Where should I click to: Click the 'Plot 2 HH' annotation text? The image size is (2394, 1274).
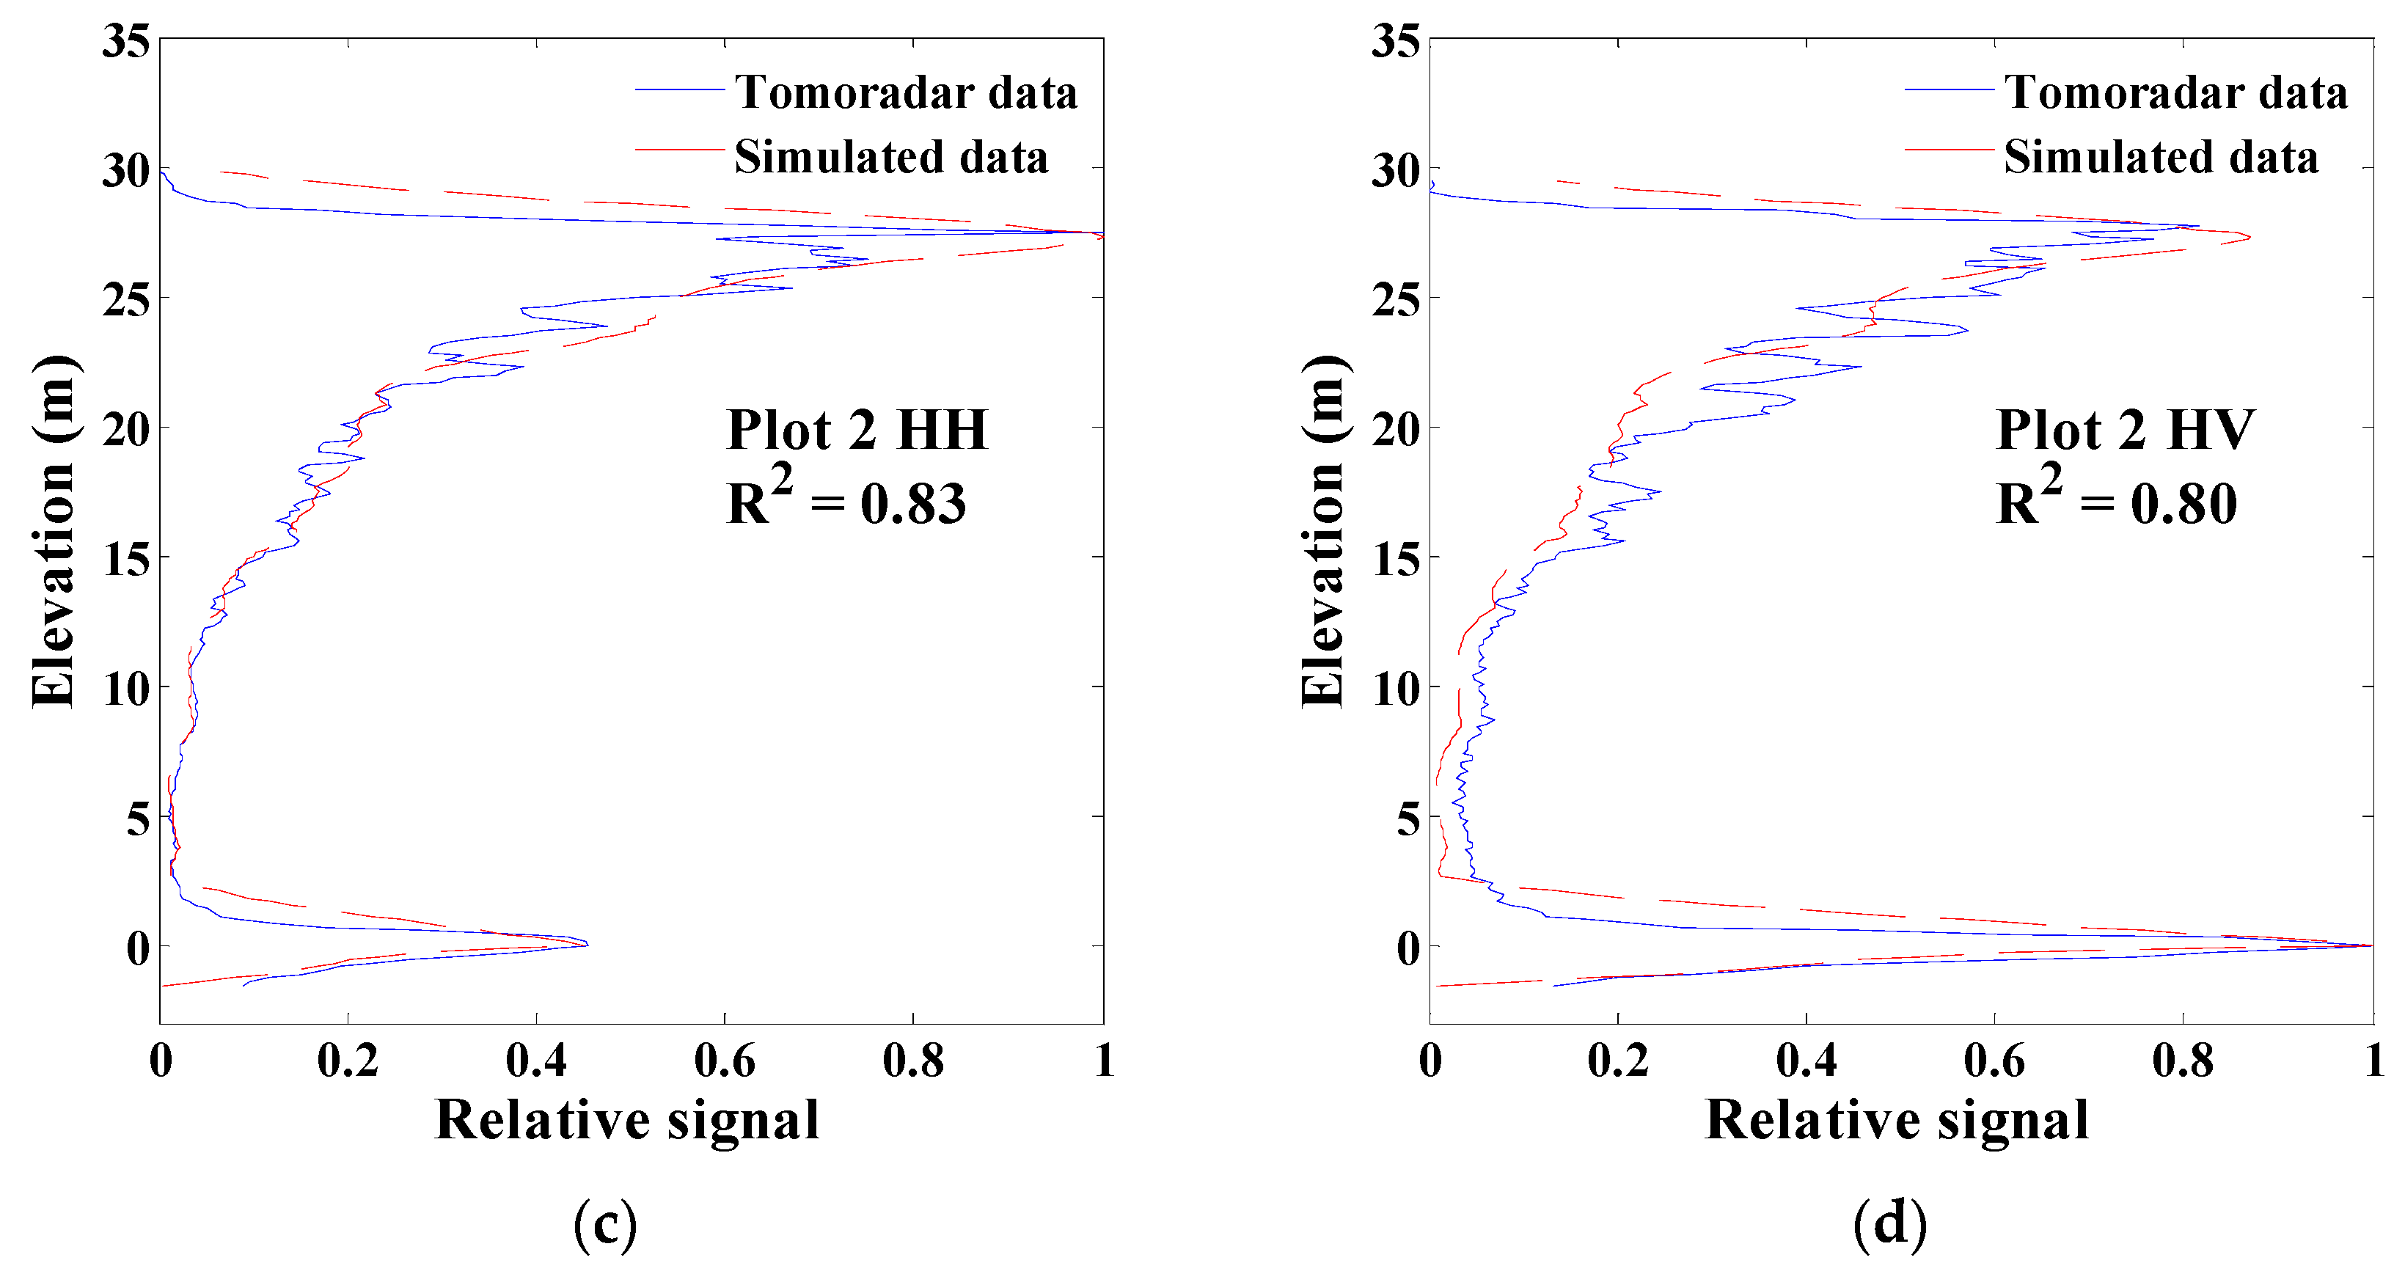pyautogui.click(x=856, y=431)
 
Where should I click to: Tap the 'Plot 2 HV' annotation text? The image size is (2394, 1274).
pyautogui.click(x=2125, y=431)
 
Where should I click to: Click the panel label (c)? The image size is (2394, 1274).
pyautogui.click(x=605, y=1222)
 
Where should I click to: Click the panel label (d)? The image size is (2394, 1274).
pyautogui.click(x=1889, y=1222)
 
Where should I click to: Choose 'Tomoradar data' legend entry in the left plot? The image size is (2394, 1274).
pyautogui.click(x=905, y=92)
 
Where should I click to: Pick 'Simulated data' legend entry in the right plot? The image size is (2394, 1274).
pyautogui.click(x=2160, y=156)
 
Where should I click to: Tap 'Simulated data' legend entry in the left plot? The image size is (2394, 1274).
pyautogui.click(x=890, y=156)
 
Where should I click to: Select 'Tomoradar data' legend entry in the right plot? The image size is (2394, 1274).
pyautogui.click(x=2175, y=92)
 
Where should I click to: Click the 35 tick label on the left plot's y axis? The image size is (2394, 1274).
pyautogui.click(x=125, y=42)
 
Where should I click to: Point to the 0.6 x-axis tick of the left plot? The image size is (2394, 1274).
pyautogui.click(x=725, y=1061)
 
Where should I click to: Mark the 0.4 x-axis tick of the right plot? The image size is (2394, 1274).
pyautogui.click(x=1806, y=1061)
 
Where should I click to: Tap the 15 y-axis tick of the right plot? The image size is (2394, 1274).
pyautogui.click(x=1395, y=560)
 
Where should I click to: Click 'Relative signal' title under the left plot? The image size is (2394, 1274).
pyautogui.click(x=627, y=1120)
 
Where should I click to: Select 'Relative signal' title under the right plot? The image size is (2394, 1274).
pyautogui.click(x=1897, y=1120)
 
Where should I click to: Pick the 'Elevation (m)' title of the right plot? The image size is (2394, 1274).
pyautogui.click(x=1322, y=532)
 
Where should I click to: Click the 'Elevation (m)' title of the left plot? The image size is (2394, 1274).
pyautogui.click(x=52, y=532)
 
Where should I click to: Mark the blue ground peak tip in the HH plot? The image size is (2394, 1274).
pyautogui.click(x=587, y=944)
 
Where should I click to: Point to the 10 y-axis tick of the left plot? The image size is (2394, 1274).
pyautogui.click(x=125, y=689)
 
